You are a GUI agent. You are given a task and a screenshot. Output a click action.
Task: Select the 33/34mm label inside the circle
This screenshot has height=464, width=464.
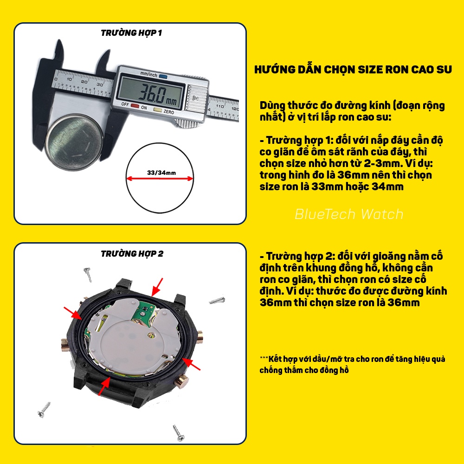161,173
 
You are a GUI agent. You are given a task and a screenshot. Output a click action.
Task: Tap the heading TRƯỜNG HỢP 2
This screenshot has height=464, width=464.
132,254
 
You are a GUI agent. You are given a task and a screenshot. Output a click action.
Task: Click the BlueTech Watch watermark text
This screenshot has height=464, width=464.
349,214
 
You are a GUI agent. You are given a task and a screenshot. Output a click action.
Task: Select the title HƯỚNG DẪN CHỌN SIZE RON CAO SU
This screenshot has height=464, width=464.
353,70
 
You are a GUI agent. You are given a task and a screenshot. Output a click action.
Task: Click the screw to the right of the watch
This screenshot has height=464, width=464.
217,301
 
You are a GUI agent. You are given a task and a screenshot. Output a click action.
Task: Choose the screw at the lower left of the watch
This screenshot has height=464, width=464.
45,409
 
